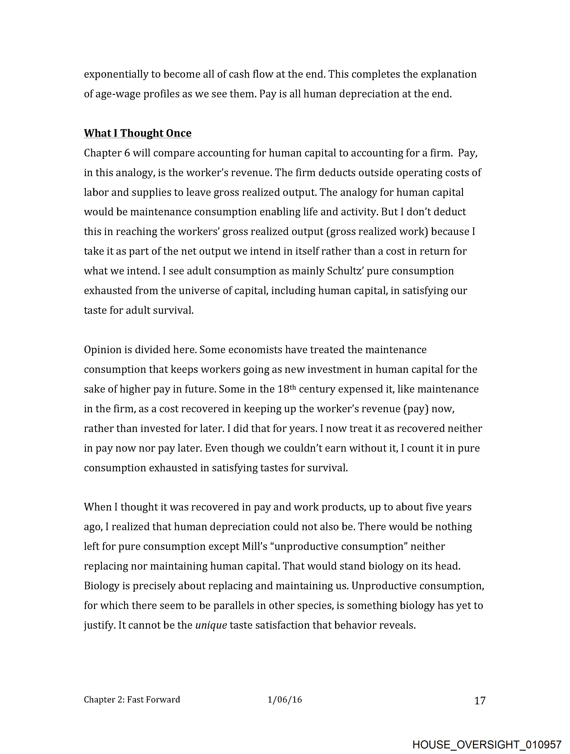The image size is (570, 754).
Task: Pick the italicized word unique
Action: pyautogui.click(x=211, y=625)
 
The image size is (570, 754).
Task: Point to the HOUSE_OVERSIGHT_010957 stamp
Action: pyautogui.click(x=487, y=744)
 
